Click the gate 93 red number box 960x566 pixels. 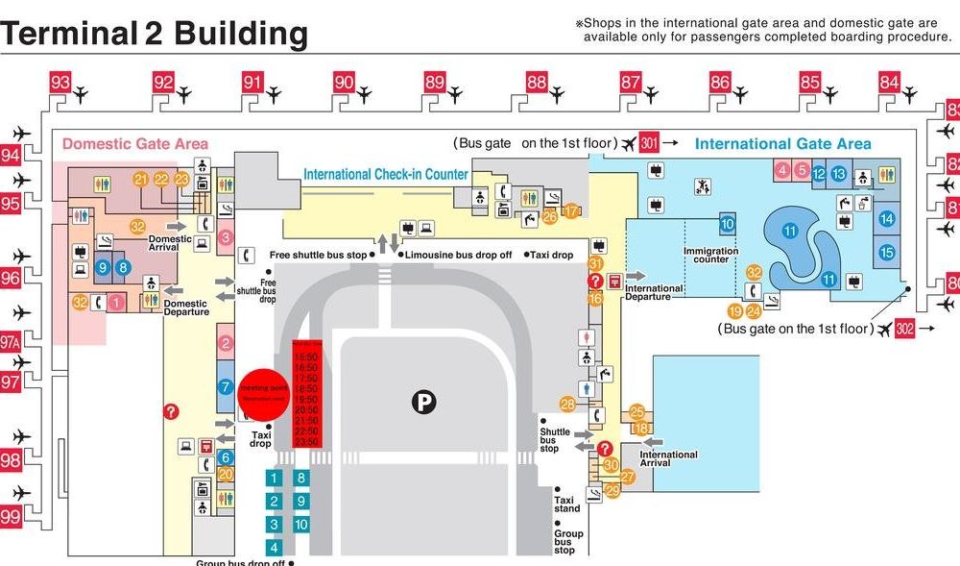(60, 83)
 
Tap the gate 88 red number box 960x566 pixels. (537, 83)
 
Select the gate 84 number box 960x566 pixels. (889, 83)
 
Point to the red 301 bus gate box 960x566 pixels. (650, 143)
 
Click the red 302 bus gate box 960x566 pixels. (904, 329)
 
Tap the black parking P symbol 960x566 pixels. (423, 402)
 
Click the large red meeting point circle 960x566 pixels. (263, 394)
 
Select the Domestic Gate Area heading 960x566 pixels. (134, 144)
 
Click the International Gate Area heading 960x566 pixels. (782, 144)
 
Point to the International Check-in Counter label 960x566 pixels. (386, 175)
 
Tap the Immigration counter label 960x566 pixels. (711, 255)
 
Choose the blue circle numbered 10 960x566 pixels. (727, 225)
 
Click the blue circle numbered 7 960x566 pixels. (226, 388)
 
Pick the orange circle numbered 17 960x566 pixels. (573, 211)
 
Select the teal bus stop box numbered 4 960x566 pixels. (275, 548)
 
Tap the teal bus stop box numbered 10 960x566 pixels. (301, 525)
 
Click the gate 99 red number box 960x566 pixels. (11, 517)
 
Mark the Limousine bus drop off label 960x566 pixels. (458, 255)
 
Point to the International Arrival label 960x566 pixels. (667, 459)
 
